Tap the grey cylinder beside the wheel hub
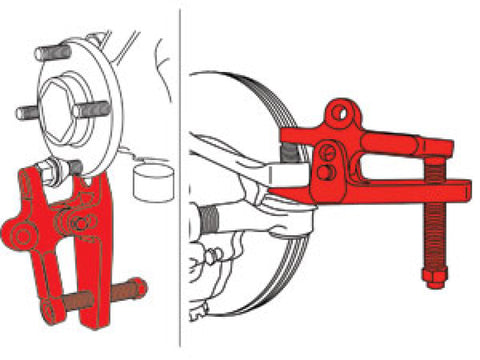153,184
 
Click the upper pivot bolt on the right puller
329,152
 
